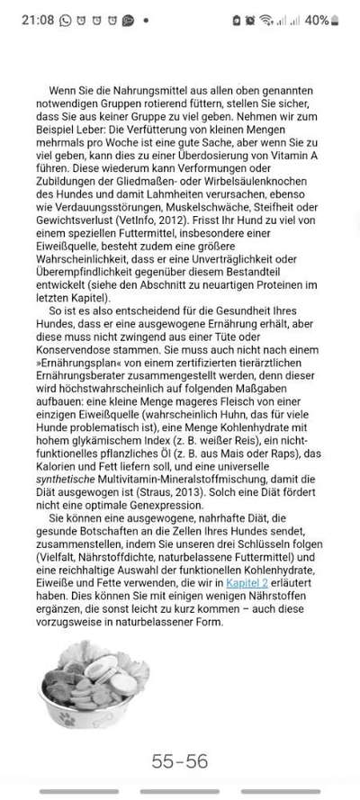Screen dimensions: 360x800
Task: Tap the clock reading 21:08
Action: coord(37,19)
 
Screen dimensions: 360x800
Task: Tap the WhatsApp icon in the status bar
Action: coord(66,19)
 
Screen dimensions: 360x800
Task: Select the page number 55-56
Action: coord(180,761)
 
